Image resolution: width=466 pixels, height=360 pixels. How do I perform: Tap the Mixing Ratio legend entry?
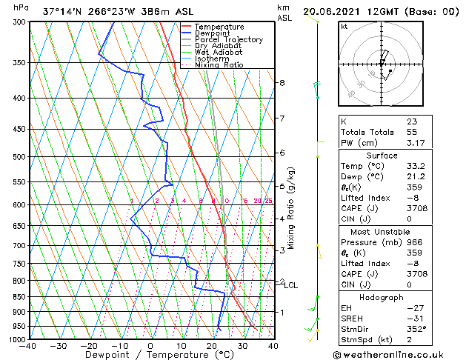219,65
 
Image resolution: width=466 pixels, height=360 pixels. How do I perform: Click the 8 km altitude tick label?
282,82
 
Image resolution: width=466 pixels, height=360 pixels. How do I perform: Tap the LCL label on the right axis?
291,285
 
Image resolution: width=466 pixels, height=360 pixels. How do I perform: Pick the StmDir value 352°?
416,329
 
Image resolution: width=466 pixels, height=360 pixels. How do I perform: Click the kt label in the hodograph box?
344,27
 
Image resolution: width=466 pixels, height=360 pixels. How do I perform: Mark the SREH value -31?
413,318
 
